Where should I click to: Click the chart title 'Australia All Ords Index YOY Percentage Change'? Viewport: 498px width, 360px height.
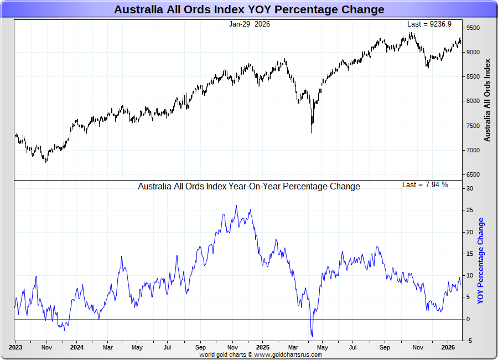[x=249, y=9]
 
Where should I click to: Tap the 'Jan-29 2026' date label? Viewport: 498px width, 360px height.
[x=250, y=24]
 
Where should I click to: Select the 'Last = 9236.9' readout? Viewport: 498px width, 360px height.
[x=429, y=24]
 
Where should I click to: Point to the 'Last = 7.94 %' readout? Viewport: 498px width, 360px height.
[x=425, y=184]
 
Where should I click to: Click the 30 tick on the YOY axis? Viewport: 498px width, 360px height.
[x=469, y=188]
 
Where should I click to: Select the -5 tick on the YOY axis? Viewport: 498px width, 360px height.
[x=469, y=341]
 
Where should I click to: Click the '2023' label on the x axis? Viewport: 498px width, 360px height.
[x=15, y=348]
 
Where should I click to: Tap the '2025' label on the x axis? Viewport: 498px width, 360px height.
[x=262, y=348]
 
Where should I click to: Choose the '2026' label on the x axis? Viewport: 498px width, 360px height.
[x=448, y=348]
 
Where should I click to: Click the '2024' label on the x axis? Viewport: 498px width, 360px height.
[x=77, y=348]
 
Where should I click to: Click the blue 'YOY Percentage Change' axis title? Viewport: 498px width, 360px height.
[x=480, y=261]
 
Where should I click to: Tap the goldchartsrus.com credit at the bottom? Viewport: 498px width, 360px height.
[x=261, y=354]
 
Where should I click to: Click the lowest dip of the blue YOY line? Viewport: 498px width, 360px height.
[x=312, y=336]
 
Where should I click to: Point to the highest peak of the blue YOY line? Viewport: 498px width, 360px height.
[x=236, y=206]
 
